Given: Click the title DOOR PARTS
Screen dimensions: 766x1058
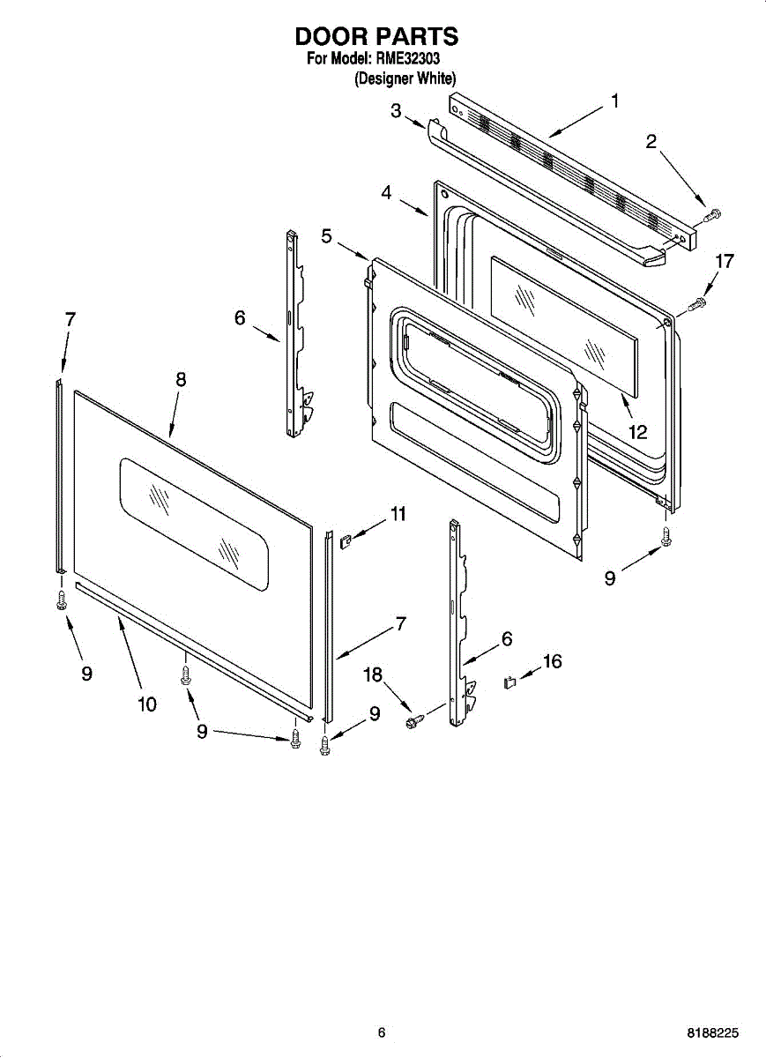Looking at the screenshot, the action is coord(376,37).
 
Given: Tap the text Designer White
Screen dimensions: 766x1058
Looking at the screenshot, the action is coord(405,78).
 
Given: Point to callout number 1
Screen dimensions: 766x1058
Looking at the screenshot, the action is coord(614,101).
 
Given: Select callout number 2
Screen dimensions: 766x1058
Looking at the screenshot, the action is coord(651,141).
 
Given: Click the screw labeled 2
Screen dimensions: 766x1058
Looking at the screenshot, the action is coord(712,212).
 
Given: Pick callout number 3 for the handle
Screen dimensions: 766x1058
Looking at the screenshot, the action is coord(396,110).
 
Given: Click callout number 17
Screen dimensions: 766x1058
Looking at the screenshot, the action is coord(724,261).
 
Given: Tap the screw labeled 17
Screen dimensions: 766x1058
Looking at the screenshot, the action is coord(696,304).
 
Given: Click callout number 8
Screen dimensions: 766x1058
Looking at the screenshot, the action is coord(181,379).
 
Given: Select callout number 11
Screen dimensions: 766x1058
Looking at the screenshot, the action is coord(398,513).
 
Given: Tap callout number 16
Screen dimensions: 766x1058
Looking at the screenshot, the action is coord(552,661).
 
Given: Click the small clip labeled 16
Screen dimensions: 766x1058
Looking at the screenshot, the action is coord(509,682).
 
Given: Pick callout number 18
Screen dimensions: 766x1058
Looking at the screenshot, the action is coord(373,674).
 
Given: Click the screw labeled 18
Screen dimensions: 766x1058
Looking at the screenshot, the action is coord(412,722).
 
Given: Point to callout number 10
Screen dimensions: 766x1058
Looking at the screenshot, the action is coord(146,704).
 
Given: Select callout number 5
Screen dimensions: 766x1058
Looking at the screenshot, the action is coord(326,236).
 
